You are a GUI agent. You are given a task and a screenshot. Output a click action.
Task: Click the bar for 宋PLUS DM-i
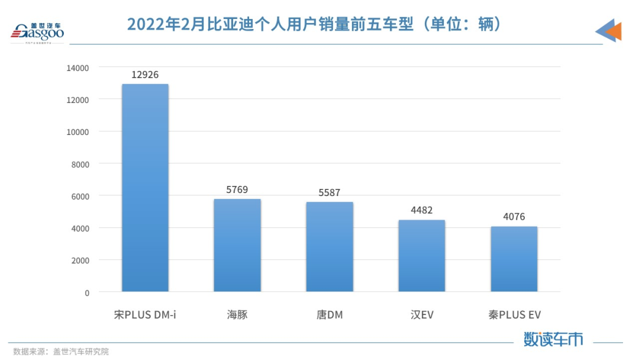pos(145,188)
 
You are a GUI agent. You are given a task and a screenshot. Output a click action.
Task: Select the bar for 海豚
pos(237,245)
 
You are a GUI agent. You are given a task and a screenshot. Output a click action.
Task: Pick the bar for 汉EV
pos(422,256)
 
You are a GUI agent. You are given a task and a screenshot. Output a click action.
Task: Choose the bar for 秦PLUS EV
pos(514,259)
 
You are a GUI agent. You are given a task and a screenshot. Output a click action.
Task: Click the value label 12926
pos(145,75)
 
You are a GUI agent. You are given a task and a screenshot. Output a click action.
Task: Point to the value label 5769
pos(237,190)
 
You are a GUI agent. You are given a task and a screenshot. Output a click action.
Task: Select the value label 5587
pos(330,192)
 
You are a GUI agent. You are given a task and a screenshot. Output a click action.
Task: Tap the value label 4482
pos(422,210)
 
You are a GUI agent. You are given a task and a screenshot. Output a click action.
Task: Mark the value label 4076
pos(514,217)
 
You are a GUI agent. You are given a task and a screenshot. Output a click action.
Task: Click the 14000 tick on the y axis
pos(78,68)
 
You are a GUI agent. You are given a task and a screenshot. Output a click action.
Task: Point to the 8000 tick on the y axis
pos(80,164)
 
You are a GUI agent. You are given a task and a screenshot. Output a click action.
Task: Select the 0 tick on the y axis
pos(86,292)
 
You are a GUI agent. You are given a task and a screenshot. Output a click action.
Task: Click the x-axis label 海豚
pos(237,314)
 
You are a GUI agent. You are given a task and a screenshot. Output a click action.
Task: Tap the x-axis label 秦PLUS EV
pos(512,314)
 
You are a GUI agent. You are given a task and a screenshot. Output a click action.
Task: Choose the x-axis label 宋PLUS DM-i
pos(145,314)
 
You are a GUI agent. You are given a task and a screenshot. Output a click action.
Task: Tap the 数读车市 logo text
pos(553,339)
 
